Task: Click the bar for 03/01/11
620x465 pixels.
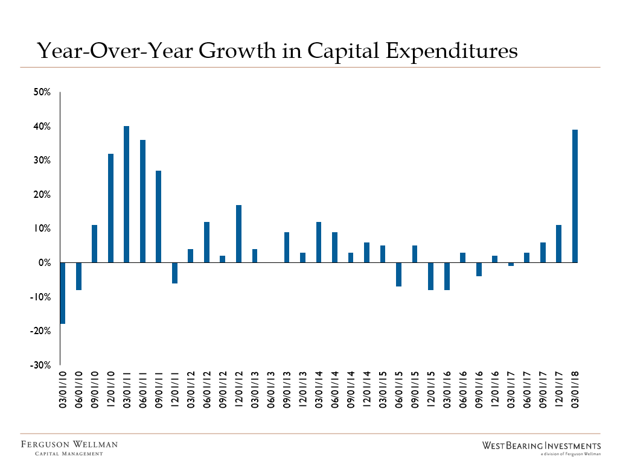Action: [126, 194]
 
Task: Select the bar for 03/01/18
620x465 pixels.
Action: [574, 196]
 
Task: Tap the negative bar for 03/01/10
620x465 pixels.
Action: [63, 293]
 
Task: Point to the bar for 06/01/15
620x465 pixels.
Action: [398, 274]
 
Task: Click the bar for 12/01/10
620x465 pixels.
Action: [110, 208]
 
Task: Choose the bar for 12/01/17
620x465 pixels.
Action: [558, 244]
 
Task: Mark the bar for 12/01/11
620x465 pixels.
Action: [174, 273]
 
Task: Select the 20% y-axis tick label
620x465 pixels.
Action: [43, 195]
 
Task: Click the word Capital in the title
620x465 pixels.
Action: [347, 51]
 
